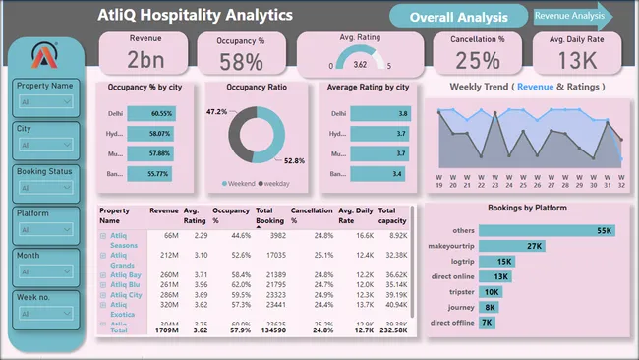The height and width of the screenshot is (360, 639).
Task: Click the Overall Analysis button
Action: tap(458, 17)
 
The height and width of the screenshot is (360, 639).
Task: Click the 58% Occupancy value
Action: tap(241, 61)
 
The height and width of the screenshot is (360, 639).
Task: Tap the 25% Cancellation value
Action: tap(479, 61)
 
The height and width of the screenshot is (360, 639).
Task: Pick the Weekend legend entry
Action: tap(237, 183)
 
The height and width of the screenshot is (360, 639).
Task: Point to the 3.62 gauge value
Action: tap(360, 64)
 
